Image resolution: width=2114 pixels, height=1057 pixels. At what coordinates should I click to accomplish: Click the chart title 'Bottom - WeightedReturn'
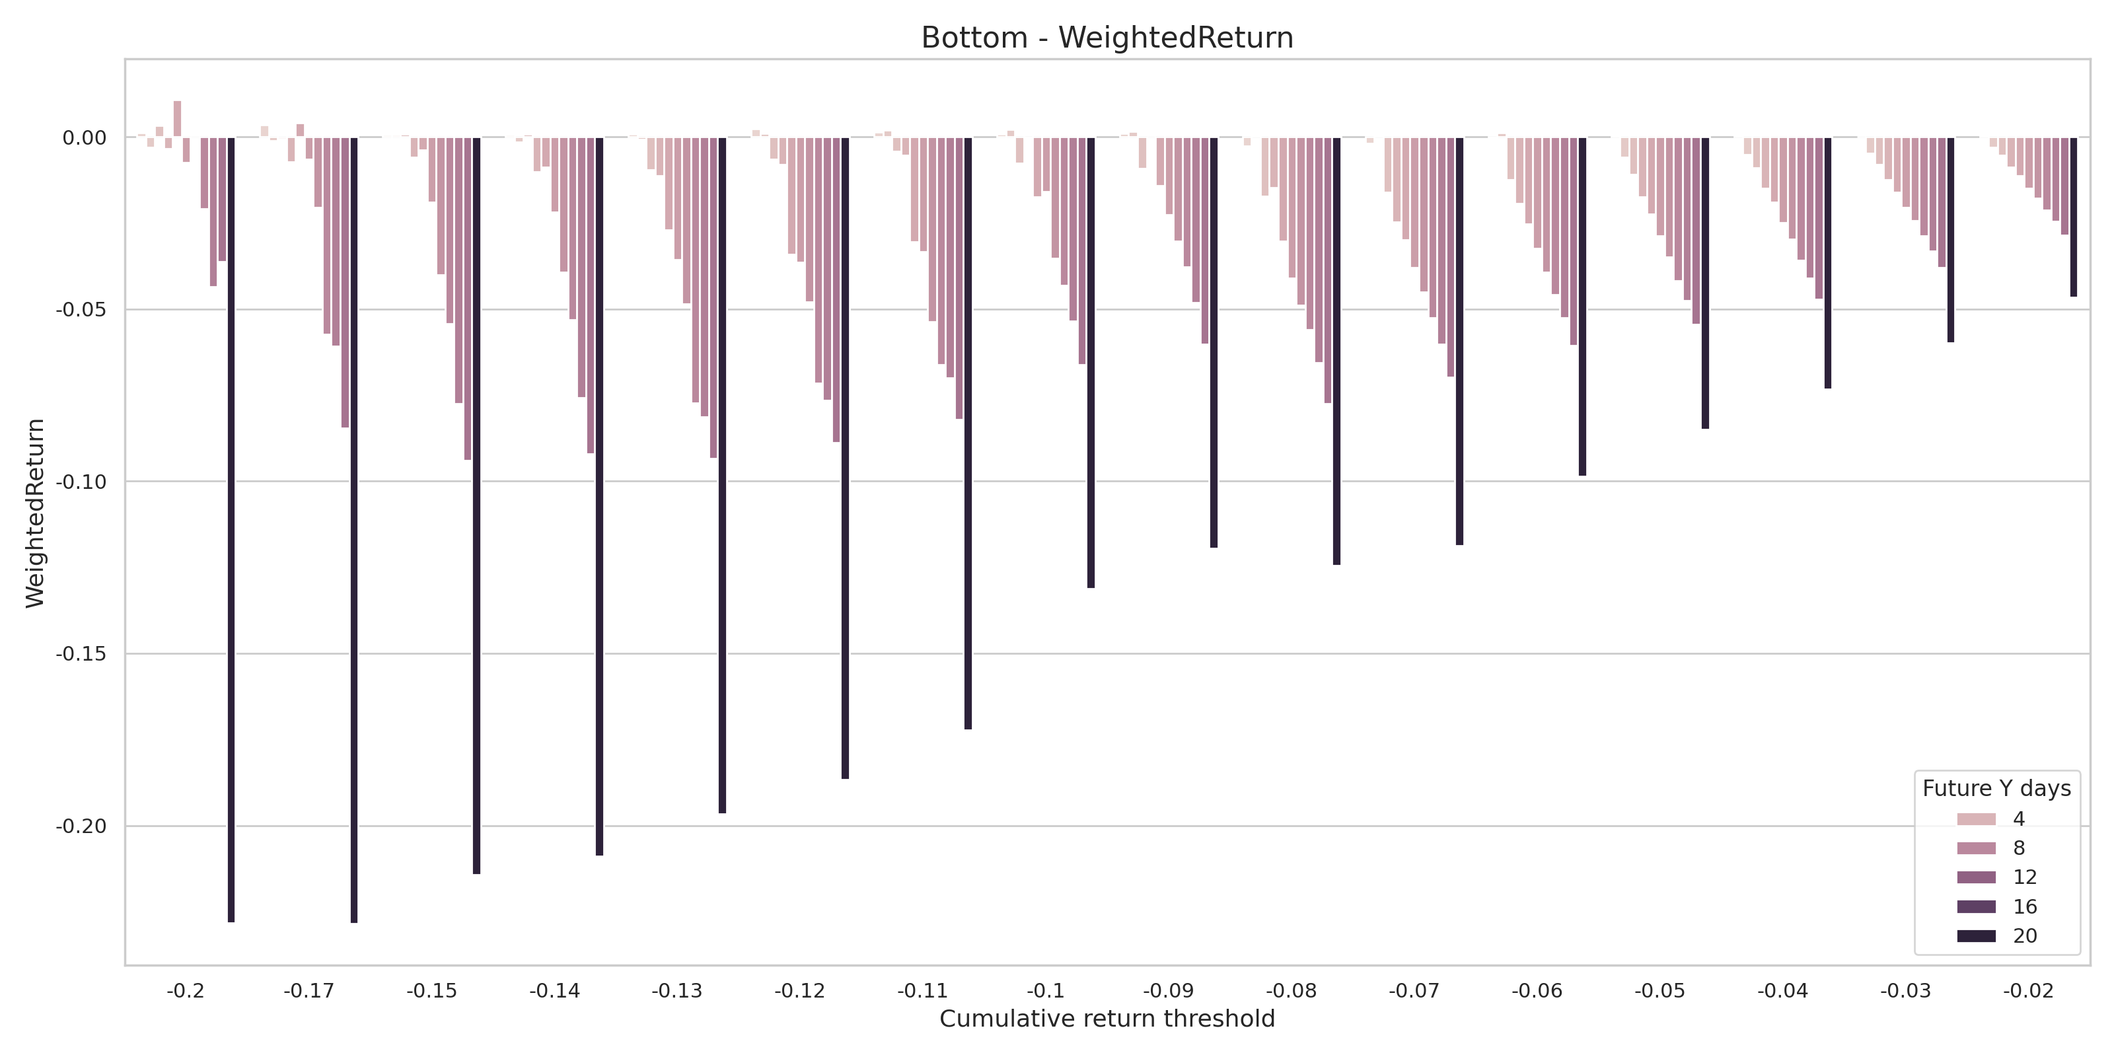tap(1107, 38)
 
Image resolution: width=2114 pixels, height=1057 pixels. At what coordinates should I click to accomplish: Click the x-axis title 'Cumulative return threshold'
tap(1107, 1019)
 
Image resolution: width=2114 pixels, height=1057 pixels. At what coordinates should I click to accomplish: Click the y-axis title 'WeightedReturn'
tap(35, 513)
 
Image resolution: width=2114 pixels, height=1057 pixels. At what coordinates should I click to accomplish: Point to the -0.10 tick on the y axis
tap(81, 482)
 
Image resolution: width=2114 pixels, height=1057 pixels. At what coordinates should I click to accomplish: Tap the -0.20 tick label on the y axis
tap(81, 826)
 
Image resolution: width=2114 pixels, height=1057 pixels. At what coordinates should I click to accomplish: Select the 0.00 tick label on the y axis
tap(85, 138)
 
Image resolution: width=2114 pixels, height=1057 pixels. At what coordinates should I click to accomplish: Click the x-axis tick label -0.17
tap(309, 992)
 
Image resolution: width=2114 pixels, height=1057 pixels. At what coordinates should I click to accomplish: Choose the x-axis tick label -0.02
tap(2028, 992)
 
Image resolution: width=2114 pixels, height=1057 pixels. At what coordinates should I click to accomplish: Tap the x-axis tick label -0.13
tap(677, 992)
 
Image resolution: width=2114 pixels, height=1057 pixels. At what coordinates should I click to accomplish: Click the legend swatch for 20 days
tap(1976, 936)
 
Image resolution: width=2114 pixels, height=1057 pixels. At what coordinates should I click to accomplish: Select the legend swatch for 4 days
tap(1976, 819)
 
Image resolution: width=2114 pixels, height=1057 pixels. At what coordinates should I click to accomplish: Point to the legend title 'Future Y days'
tap(1996, 789)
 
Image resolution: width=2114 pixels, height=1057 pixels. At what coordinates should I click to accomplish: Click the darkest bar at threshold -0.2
tap(231, 529)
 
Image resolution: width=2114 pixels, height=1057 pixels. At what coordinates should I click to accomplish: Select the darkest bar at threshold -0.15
tap(477, 505)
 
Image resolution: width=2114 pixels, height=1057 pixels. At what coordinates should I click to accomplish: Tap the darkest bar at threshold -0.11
tap(968, 433)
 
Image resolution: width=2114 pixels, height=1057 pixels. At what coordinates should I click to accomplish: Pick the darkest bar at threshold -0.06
tap(1582, 306)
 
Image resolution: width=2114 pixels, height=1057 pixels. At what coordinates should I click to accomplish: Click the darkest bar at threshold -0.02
tap(2074, 217)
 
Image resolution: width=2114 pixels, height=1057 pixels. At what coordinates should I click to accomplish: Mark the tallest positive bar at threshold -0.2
tap(177, 120)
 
